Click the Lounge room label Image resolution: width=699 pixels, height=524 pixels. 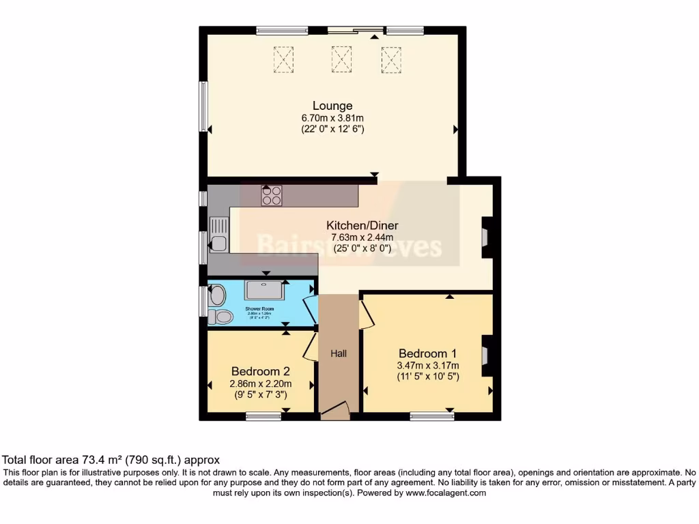pos(332,106)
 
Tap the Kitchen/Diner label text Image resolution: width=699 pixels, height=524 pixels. pos(362,226)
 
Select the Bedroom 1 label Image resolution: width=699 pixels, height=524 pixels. pos(427,353)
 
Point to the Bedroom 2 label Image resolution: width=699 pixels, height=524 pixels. pos(261,371)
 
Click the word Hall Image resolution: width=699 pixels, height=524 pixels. pos(339,353)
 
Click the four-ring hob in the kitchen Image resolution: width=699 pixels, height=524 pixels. pos(272,196)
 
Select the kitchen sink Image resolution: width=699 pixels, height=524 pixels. pos(219,233)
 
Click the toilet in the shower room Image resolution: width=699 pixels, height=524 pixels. pos(220,317)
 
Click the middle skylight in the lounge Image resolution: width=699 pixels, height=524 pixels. pos(341,59)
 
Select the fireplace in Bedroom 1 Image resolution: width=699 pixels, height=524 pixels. pos(486,355)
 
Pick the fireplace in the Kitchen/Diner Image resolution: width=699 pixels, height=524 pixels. pos(486,237)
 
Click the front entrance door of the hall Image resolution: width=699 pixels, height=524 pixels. pos(334,410)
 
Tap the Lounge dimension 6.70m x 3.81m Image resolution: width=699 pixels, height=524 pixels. pos(333,118)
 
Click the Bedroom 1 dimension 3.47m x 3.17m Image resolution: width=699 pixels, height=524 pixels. pos(428,366)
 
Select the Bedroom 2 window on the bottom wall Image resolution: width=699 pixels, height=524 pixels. pos(264,416)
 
